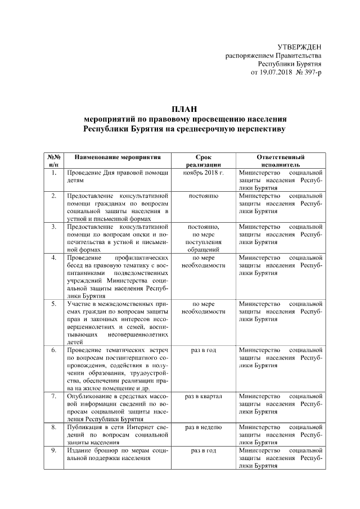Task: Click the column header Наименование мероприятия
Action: coord(118,157)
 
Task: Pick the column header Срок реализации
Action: coord(204,161)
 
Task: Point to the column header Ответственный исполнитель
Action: coord(281,161)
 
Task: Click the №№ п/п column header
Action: coord(54,161)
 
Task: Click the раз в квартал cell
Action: coord(204,397)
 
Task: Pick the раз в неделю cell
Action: coord(204,427)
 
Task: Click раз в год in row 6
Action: coord(204,350)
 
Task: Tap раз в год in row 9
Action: coord(204,451)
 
